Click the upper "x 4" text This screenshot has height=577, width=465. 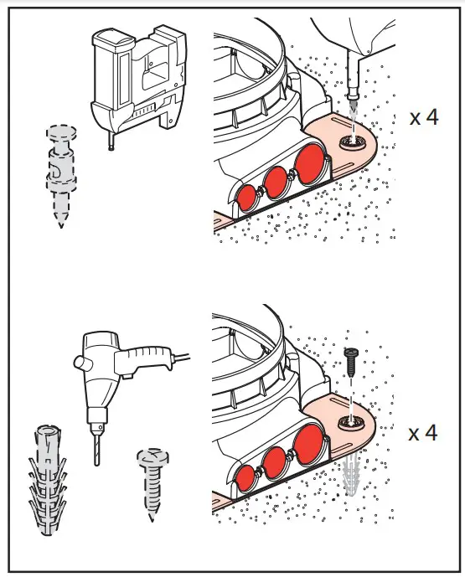[423, 116]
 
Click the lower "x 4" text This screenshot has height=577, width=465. [423, 433]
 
